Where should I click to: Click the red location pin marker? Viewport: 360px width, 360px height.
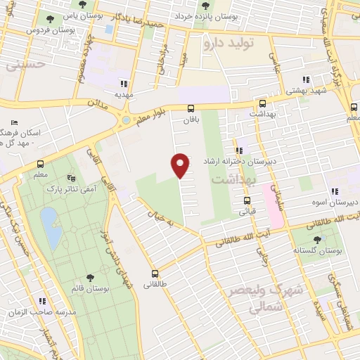tap(181, 165)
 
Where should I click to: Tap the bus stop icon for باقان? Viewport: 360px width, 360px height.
tap(191, 108)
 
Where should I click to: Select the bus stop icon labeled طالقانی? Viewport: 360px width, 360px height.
tap(155, 274)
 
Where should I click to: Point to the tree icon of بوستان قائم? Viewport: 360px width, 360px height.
tap(89, 278)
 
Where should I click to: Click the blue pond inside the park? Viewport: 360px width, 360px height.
tap(50, 229)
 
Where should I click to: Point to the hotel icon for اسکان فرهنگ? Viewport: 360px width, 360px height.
tap(15, 123)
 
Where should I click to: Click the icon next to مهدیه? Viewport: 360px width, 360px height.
tap(124, 82)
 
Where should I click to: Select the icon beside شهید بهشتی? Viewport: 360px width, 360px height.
tap(305, 79)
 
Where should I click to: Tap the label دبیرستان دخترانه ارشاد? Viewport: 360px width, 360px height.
tap(241, 161)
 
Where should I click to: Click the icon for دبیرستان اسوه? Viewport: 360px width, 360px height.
tap(335, 191)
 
